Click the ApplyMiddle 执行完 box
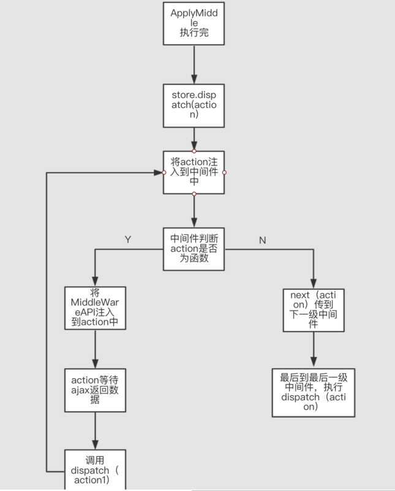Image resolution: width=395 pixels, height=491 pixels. [194, 23]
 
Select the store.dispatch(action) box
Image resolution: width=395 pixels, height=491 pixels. [194, 105]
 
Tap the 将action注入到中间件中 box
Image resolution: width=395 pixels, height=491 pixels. [194, 172]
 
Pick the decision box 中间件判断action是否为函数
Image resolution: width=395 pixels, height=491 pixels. [194, 249]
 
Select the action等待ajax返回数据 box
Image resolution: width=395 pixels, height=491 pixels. [95, 390]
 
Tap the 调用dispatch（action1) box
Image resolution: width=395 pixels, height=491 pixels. [95, 470]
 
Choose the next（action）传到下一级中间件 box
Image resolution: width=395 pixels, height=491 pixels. [313, 309]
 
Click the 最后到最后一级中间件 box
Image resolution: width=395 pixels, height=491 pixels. [313, 393]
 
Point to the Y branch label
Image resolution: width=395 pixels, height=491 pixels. [128, 239]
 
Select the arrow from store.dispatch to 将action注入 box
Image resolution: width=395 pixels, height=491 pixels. [194, 138]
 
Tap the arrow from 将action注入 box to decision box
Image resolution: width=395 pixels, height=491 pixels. [194, 211]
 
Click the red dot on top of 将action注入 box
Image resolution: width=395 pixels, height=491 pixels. [194, 150]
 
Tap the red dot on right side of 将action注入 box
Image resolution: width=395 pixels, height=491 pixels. [225, 172]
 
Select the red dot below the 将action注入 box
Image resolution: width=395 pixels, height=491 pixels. [194, 194]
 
